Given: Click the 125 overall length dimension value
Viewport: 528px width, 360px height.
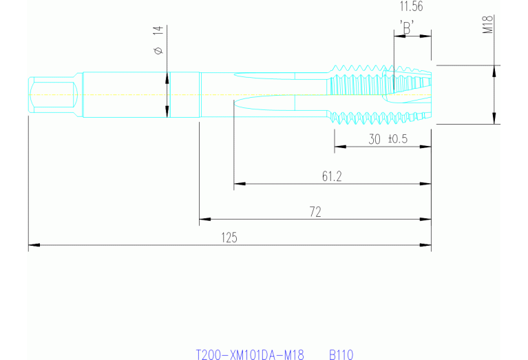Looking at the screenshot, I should (x=229, y=237).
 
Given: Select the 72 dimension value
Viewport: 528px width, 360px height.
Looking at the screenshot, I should (x=315, y=213).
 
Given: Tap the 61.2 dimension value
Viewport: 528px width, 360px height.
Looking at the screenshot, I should (x=332, y=177).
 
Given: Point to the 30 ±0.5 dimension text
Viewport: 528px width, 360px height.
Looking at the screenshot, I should (x=388, y=139).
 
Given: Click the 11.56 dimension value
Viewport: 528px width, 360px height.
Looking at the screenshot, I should (x=411, y=7).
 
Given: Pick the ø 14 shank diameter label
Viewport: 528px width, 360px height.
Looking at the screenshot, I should (x=158, y=41).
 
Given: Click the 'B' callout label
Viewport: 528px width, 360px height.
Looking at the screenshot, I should (x=406, y=27).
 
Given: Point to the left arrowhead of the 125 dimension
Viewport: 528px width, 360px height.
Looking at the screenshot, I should (x=32, y=244).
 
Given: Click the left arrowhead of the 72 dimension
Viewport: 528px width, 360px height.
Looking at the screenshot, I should (x=204, y=220).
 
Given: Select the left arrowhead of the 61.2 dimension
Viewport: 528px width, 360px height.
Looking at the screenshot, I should (x=239, y=184).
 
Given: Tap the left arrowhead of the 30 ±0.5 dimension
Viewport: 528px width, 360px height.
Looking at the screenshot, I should (x=339, y=147).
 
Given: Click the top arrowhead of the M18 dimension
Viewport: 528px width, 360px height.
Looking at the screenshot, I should (x=494, y=70).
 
